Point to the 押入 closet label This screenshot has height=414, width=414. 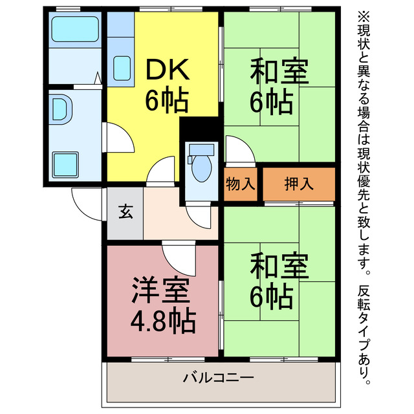(x=299, y=184)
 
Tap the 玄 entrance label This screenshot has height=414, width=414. (x=125, y=212)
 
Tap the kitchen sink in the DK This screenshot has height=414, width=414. (x=121, y=67)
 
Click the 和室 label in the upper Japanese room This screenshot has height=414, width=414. (x=279, y=70)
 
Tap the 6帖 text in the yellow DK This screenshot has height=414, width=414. (x=166, y=100)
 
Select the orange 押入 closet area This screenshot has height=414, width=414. (x=299, y=184)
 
